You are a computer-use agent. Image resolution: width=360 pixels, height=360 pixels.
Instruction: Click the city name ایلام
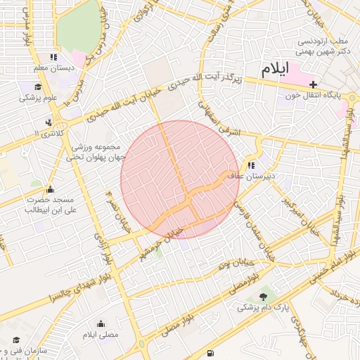tap(274, 70)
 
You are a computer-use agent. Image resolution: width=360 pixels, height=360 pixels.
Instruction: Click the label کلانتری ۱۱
tap(49, 133)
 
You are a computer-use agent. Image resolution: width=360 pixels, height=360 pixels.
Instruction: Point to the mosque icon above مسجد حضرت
tap(49, 189)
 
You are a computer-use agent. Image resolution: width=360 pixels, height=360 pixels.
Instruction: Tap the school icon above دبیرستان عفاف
tap(252, 165)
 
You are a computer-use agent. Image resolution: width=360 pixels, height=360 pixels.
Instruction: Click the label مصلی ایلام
tap(101, 335)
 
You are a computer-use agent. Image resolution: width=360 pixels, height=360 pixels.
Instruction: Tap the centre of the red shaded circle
tap(180, 180)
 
